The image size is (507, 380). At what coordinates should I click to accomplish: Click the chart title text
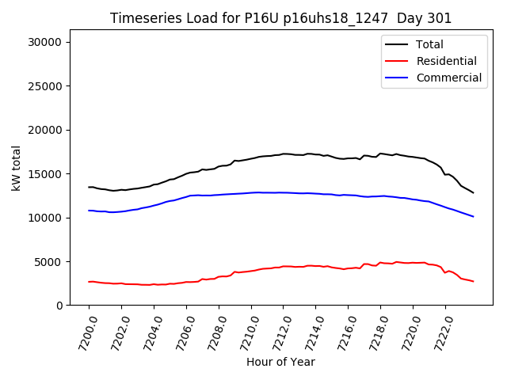coord(281,18)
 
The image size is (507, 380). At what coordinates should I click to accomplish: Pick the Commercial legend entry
coord(448,78)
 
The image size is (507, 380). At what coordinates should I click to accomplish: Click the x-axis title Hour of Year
coord(280,362)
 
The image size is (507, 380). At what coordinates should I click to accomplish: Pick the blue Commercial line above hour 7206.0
coord(186,196)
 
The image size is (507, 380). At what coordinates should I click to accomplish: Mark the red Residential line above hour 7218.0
coord(380,262)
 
